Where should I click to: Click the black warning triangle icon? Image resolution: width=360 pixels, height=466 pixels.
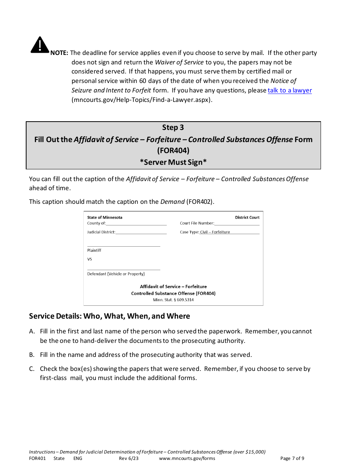39,45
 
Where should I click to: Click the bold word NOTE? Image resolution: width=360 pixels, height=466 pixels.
59,53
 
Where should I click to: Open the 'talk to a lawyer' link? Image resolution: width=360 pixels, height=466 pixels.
290,91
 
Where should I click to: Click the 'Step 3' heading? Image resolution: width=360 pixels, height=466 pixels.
173,128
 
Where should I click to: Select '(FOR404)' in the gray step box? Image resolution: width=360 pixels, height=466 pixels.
173,151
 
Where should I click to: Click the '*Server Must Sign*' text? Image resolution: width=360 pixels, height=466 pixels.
173,162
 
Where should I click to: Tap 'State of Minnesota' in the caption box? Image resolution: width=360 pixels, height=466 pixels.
105,217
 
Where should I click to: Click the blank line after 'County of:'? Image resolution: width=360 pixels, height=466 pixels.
136,224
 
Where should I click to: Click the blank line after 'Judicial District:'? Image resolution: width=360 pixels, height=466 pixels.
141,232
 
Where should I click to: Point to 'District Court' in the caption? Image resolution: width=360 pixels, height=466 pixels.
247,217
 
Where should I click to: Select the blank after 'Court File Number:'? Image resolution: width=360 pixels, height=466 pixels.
237,224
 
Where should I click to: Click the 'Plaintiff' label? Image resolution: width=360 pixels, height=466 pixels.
94,250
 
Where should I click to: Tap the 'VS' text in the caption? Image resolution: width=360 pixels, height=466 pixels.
90,260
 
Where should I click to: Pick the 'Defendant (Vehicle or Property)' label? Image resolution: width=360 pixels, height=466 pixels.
116,274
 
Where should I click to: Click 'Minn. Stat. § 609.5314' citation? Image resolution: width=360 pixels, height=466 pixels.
173,300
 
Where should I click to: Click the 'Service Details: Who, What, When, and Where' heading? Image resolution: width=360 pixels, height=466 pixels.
110,316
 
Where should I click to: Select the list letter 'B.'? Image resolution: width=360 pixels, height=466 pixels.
32,355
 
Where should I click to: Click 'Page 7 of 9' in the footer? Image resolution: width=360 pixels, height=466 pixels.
292,458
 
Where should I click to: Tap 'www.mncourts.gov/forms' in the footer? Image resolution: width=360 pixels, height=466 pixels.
187,458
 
